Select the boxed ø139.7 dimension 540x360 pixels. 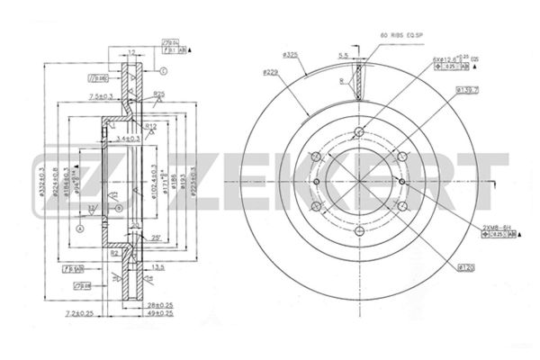tap(466, 90)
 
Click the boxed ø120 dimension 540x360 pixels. tap(466, 266)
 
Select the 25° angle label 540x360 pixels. tap(157, 238)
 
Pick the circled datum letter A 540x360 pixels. tap(81, 228)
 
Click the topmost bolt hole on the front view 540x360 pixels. tap(359, 134)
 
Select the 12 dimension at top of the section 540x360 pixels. tap(131, 53)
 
